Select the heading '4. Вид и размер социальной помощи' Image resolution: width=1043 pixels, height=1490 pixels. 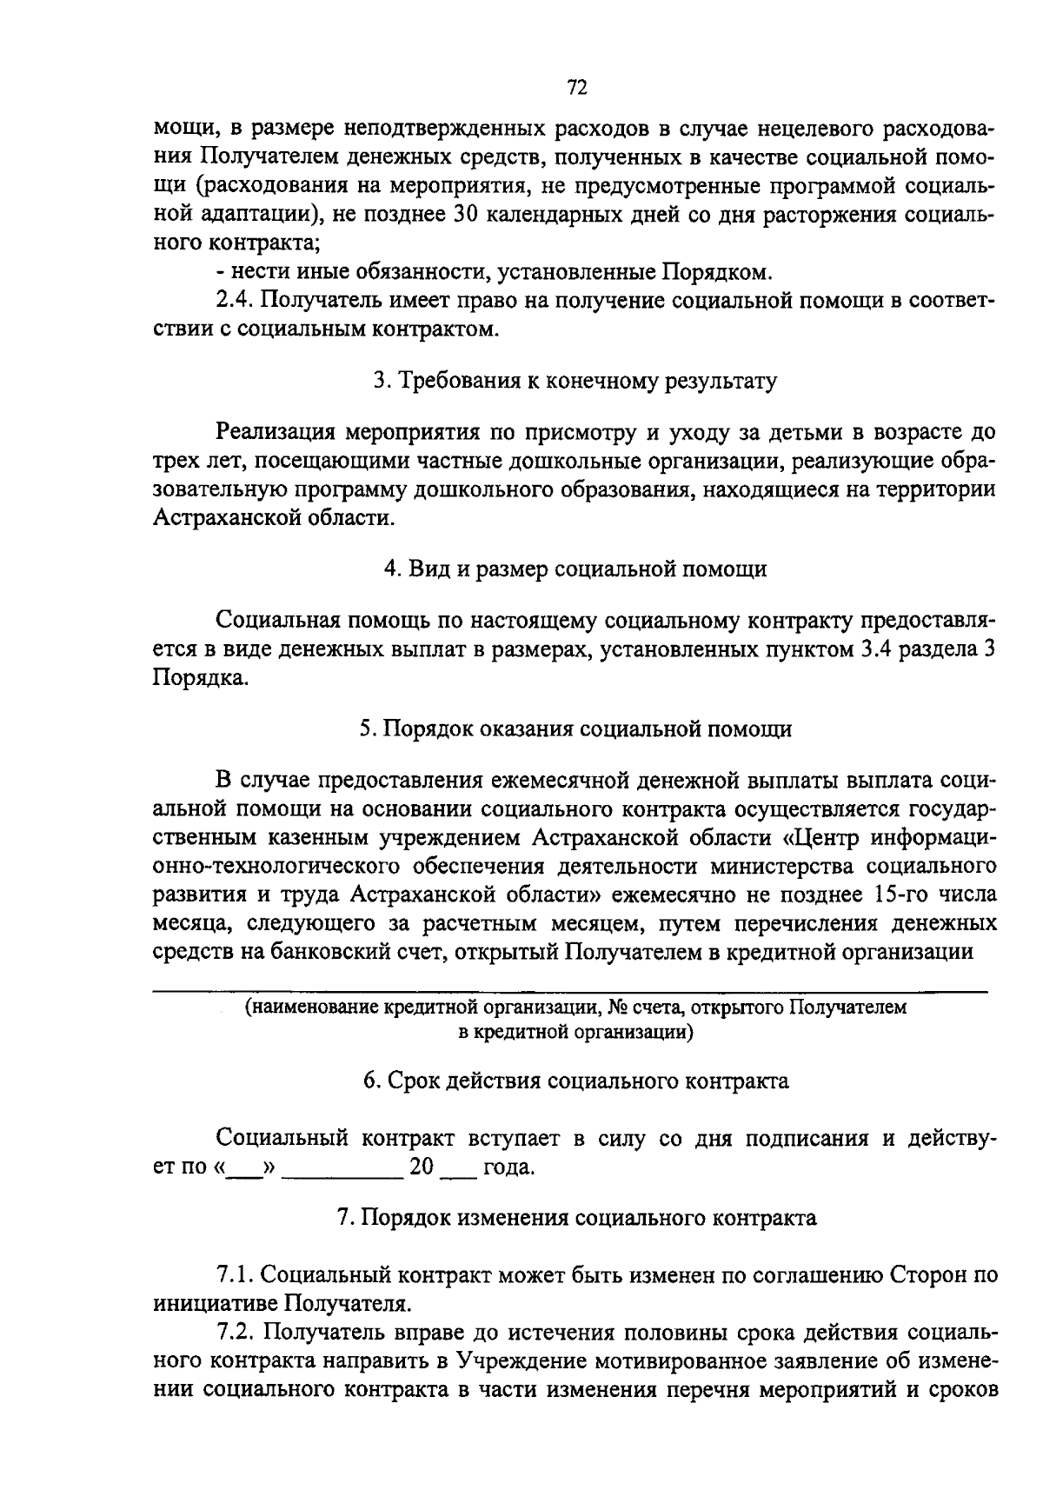(x=575, y=569)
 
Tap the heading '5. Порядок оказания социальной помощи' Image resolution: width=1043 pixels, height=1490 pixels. (x=575, y=728)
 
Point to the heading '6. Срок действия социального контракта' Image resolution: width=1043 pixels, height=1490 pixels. (x=575, y=1081)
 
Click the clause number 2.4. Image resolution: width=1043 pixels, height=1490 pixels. (x=233, y=301)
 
